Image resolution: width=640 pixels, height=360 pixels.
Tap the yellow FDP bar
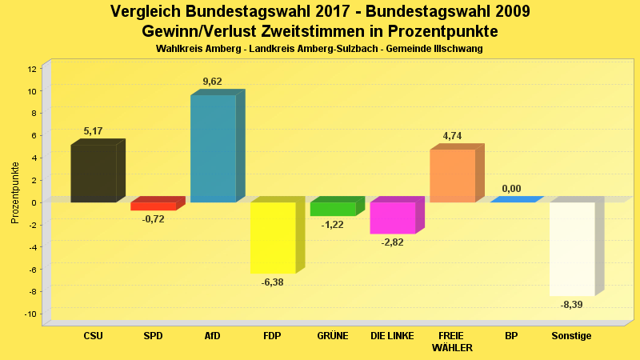(x=273, y=237)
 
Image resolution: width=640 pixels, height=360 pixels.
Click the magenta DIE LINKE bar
(x=392, y=218)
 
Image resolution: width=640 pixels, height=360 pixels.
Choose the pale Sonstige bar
(x=571, y=249)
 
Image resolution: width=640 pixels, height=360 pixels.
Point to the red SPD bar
(x=153, y=206)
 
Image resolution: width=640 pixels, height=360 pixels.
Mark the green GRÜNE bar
(x=332, y=209)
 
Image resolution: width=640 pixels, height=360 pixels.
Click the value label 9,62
(x=213, y=82)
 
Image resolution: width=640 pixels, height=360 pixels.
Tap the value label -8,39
(x=571, y=305)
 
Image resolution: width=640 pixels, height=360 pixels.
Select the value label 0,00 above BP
(x=511, y=189)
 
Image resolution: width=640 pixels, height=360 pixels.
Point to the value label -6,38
(x=273, y=282)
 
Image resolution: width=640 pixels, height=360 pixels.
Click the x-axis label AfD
(x=213, y=336)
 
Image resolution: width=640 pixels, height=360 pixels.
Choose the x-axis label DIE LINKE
(x=392, y=336)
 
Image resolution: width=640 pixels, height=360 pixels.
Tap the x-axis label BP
(x=511, y=336)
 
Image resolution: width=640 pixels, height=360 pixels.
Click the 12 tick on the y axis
(x=31, y=69)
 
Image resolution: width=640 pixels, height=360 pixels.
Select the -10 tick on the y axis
(x=30, y=314)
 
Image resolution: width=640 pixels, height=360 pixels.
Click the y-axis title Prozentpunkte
(x=14, y=192)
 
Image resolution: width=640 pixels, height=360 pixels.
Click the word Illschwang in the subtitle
(x=458, y=49)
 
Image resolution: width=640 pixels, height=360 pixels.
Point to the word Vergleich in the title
(x=146, y=12)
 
